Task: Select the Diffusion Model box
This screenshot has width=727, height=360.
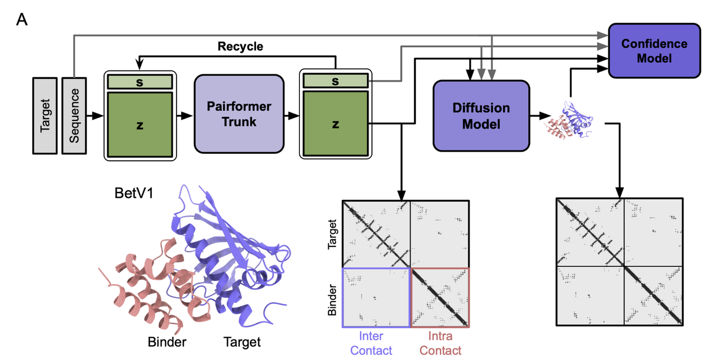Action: pyautogui.click(x=481, y=115)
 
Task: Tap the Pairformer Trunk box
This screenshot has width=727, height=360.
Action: pyautogui.click(x=239, y=114)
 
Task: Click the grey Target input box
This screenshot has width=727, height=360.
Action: pyautogui.click(x=45, y=116)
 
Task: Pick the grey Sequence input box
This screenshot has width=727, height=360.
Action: pyautogui.click(x=74, y=116)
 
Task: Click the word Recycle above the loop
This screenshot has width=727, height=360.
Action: pyautogui.click(x=240, y=47)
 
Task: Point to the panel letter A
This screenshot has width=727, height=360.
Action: pyautogui.click(x=22, y=20)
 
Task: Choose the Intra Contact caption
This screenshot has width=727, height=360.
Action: pyautogui.click(x=440, y=344)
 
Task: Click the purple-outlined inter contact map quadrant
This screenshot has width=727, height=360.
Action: pyautogui.click(x=376, y=297)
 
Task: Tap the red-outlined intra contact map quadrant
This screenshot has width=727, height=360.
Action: pyautogui.click(x=440, y=297)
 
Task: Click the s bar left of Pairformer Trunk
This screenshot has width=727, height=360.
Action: pyautogui.click(x=139, y=81)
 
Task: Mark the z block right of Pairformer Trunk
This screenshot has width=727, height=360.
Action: pyautogui.click(x=335, y=124)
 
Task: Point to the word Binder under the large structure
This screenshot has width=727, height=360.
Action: pyautogui.click(x=168, y=341)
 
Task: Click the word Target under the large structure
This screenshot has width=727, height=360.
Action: pyautogui.click(x=242, y=341)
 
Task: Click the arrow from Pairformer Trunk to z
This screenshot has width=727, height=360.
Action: pyautogui.click(x=292, y=116)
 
